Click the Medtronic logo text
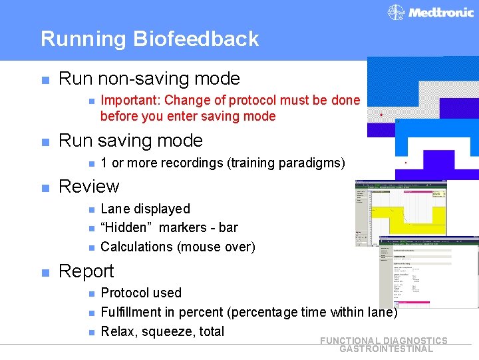(440, 13)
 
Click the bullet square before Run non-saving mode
(45, 79)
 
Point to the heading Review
(88, 186)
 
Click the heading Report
(86, 271)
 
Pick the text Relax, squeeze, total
(162, 331)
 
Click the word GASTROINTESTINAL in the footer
(386, 349)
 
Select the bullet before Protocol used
(88, 293)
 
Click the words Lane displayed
(145, 209)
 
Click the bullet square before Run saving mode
(45, 141)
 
